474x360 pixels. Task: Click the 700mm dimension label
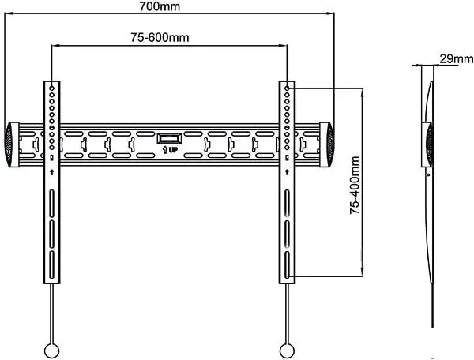point(160,6)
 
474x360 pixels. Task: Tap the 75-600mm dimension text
point(160,37)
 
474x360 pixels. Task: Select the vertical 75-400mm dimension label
point(355,186)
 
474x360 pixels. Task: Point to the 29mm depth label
point(456,58)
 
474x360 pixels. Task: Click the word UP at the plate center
point(173,149)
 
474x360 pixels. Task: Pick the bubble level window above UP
point(169,139)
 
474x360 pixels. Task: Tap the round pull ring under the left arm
point(51,351)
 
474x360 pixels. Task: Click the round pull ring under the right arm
point(287,351)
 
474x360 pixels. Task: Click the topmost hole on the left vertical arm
point(51,88)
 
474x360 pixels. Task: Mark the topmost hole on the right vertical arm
point(287,88)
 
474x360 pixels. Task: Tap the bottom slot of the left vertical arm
point(51,264)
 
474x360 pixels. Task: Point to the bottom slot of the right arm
point(287,264)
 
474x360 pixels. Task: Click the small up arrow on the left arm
point(51,172)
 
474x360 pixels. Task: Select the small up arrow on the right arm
point(287,172)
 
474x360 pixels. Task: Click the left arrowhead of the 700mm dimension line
point(9,13)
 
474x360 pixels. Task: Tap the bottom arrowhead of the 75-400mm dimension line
point(362,272)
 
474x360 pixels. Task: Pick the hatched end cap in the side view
point(428,144)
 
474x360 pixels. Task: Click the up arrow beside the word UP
point(165,150)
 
